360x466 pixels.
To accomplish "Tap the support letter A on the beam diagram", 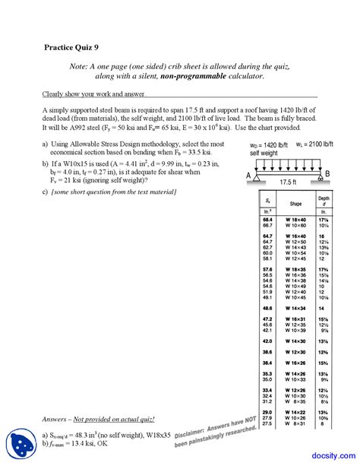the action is click(248, 175).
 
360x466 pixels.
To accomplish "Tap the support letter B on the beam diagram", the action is click(328, 175).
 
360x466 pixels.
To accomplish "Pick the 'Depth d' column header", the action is click(324, 202).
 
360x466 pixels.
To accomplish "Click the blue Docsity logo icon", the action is click(17, 442).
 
